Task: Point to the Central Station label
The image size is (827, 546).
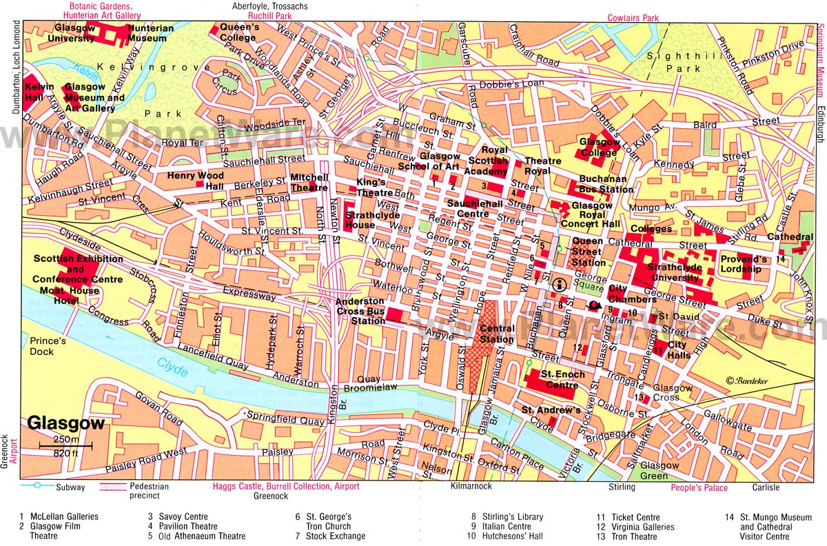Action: [496, 334]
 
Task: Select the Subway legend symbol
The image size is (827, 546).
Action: [34, 487]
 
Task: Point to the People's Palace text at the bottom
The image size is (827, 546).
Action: [699, 488]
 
